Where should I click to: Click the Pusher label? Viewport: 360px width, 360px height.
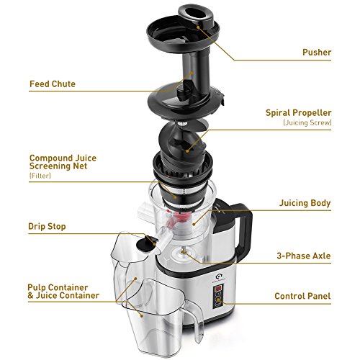[317, 53]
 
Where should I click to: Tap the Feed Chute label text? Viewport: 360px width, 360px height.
[53, 84]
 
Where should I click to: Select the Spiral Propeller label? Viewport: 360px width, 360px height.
[298, 113]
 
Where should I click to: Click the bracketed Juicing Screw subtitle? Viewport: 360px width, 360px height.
[307, 122]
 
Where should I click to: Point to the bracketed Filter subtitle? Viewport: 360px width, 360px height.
[40, 176]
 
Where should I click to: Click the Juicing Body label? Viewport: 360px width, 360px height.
[305, 203]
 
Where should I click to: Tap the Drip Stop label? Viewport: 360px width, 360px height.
[47, 226]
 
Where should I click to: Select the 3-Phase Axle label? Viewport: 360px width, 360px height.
[304, 256]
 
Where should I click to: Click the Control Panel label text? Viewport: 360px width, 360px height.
[302, 296]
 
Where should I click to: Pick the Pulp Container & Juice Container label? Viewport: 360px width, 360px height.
[63, 292]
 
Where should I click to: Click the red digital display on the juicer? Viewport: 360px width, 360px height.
[219, 288]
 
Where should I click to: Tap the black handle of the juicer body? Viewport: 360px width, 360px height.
[246, 230]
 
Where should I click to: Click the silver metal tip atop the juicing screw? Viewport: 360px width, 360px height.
[182, 124]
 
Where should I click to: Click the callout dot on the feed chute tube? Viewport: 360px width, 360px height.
[192, 73]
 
